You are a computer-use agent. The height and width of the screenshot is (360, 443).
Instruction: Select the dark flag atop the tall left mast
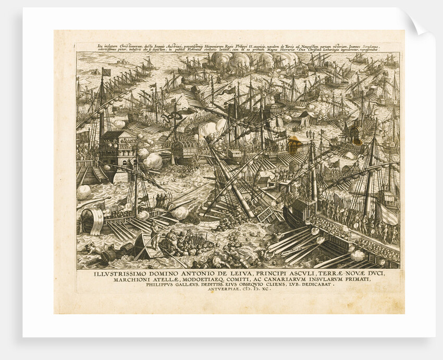[x=106, y=71]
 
